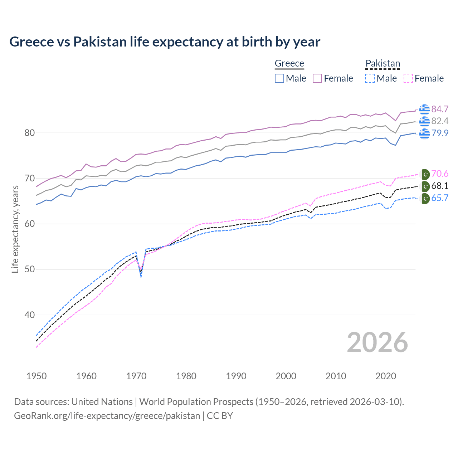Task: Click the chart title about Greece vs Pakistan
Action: pyautogui.click(x=165, y=42)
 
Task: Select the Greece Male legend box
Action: pyautogui.click(x=279, y=78)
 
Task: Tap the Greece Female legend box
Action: pyautogui.click(x=317, y=78)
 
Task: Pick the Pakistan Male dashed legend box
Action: pyautogui.click(x=370, y=78)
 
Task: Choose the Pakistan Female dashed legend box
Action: pyautogui.click(x=408, y=78)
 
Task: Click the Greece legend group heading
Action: pyautogui.click(x=289, y=63)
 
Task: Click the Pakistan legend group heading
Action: pyautogui.click(x=383, y=63)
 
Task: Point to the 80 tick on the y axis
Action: pyautogui.click(x=29, y=133)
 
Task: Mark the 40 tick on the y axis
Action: pyautogui.click(x=29, y=315)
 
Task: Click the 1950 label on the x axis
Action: pyautogui.click(x=36, y=376)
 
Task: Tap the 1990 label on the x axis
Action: pyautogui.click(x=236, y=376)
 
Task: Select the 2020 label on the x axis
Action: pyautogui.click(x=386, y=376)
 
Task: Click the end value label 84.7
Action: pyautogui.click(x=440, y=109)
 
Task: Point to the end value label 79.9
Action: pyautogui.click(x=440, y=133)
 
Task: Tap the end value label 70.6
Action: pyautogui.click(x=440, y=174)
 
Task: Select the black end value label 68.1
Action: pyautogui.click(x=440, y=186)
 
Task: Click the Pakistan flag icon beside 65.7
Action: pyautogui.click(x=425, y=199)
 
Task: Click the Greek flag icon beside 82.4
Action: pyautogui.click(x=424, y=121)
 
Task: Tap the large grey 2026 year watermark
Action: pyautogui.click(x=377, y=342)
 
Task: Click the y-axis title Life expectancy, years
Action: pyautogui.click(x=15, y=229)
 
